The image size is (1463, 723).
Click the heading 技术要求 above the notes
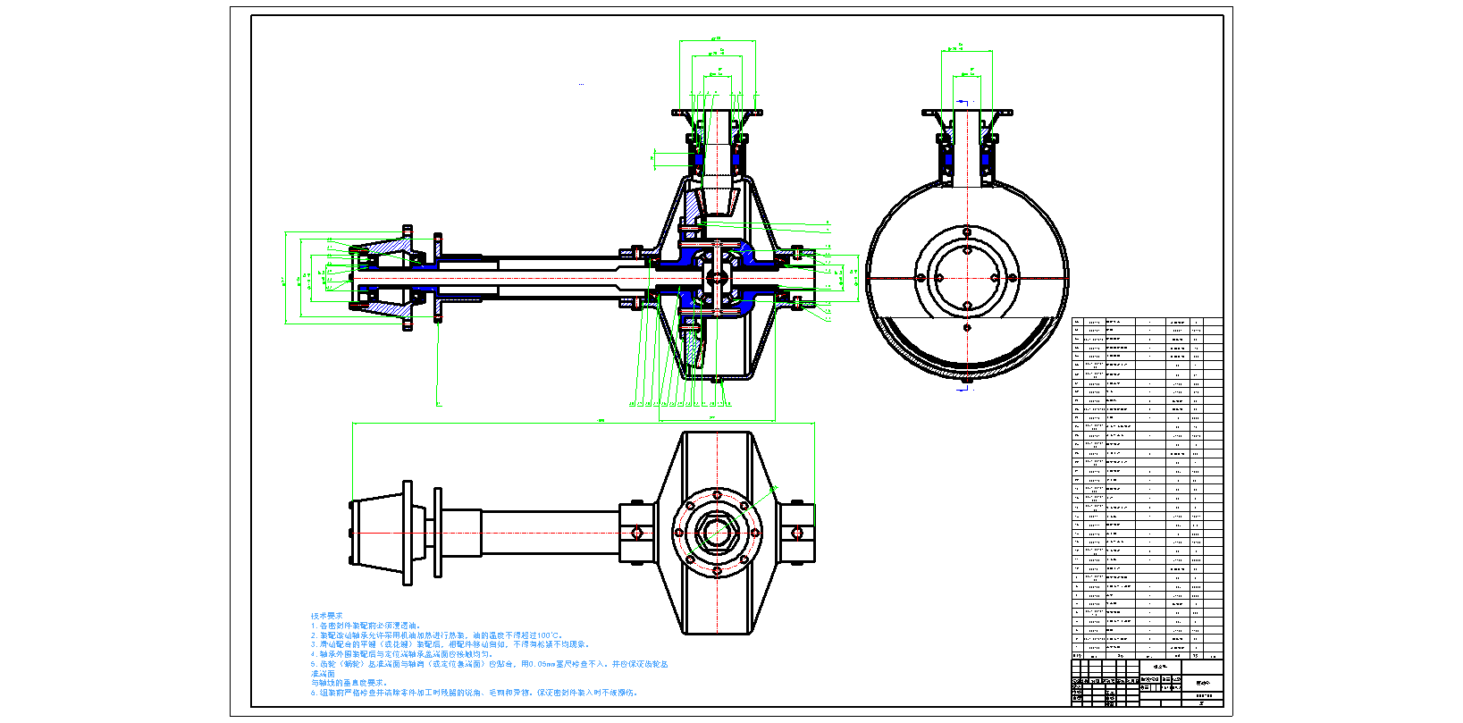click(x=326, y=616)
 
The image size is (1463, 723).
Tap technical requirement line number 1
click(x=314, y=626)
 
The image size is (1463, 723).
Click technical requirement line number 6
click(x=314, y=693)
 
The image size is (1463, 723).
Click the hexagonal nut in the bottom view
click(x=716, y=533)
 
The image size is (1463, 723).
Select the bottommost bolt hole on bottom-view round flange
click(x=716, y=571)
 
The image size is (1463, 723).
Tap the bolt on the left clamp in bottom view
click(x=637, y=533)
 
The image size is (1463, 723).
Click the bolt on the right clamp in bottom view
click(x=797, y=533)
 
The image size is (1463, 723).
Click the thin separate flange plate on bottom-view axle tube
click(x=438, y=533)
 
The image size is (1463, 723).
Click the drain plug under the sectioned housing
click(x=717, y=380)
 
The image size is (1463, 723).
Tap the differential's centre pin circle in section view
click(x=715, y=278)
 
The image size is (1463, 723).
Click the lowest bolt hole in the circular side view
click(x=967, y=328)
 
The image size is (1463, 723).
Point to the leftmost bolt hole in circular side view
click(x=921, y=278)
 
